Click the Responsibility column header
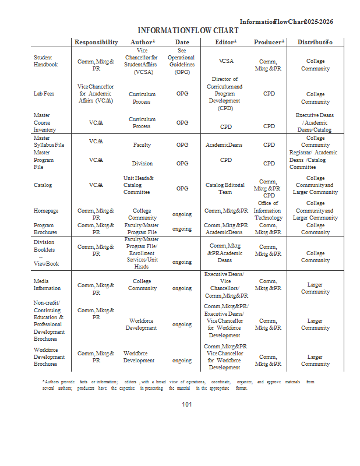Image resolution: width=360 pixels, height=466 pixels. tap(96, 42)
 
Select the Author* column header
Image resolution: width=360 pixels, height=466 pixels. tap(142, 42)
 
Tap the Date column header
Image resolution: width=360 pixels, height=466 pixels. tap(182, 42)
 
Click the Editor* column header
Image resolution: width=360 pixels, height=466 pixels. tap(226, 42)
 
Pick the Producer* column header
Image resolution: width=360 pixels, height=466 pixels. tap(269, 42)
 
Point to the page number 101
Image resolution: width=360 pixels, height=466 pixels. tap(187, 404)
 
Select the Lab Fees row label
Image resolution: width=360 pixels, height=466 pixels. tap(44, 93)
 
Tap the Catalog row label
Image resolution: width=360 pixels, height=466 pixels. tap(43, 185)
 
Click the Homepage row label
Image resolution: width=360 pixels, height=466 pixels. tap(46, 211)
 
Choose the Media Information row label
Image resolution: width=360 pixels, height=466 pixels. tap(47, 284)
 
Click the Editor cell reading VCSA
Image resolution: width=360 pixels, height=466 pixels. tap(226, 61)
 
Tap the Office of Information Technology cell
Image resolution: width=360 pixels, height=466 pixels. tap(269, 210)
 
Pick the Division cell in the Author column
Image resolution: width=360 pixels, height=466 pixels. tap(142, 164)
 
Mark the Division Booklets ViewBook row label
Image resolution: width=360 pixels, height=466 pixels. tap(46, 253)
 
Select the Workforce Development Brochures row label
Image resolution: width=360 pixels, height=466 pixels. tap(49, 356)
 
